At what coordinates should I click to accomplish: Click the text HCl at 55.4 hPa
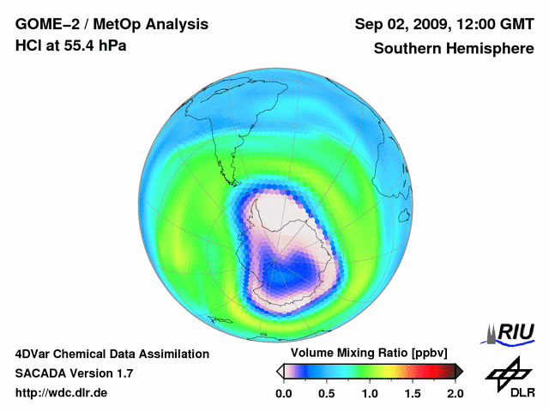(x=70, y=45)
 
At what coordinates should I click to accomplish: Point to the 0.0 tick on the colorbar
(x=283, y=393)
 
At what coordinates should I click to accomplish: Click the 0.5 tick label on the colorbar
(x=327, y=393)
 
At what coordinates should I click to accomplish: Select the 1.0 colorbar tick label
(x=370, y=393)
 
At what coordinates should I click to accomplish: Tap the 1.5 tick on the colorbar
(x=413, y=393)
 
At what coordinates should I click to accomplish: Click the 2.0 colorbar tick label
(x=455, y=393)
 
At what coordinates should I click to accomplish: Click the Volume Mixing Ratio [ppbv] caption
(x=370, y=353)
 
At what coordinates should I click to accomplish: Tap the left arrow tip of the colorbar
(x=280, y=371)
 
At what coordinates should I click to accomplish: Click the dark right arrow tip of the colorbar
(x=459, y=371)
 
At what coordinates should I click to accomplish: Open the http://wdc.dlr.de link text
(x=62, y=393)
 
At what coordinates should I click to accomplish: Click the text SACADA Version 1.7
(x=74, y=373)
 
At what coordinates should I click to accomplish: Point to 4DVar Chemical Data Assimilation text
(x=112, y=354)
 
